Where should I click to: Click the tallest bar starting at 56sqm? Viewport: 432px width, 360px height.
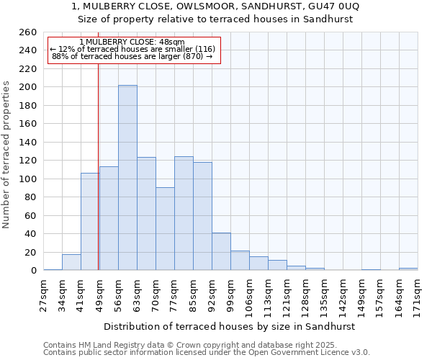[127, 178]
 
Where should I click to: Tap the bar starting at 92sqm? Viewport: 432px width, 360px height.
[221, 251]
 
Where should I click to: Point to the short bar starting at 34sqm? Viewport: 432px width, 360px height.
[71, 263]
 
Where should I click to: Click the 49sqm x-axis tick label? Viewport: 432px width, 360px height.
[99, 293]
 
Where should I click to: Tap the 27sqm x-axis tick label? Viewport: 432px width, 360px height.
[43, 293]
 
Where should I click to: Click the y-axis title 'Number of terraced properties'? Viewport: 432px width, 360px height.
[6, 155]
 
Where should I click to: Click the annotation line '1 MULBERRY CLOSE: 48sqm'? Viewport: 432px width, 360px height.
[132, 42]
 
